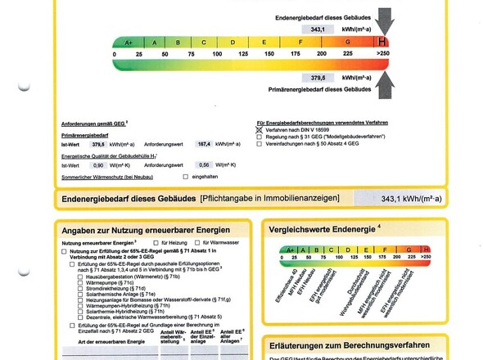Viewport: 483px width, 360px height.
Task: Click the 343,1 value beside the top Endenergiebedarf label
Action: coord(315,29)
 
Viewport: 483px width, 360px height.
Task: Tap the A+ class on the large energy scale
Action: coord(128,42)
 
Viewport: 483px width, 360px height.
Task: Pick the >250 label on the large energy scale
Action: coord(381,54)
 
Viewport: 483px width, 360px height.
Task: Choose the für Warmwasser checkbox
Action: coord(198,243)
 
